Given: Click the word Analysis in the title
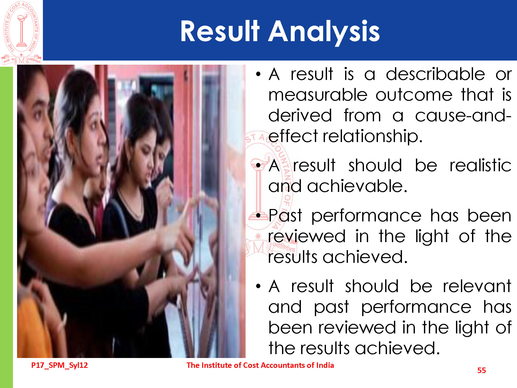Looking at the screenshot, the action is (324, 32).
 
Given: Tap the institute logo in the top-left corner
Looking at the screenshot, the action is (21, 33).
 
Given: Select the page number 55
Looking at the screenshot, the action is (482, 370).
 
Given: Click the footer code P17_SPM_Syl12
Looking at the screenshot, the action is (59, 365).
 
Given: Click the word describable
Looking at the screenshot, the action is (435, 74).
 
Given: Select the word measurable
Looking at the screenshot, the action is (318, 95).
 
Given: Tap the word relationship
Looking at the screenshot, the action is (372, 136).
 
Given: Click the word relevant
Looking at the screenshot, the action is (477, 286).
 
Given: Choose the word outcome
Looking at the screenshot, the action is (414, 95).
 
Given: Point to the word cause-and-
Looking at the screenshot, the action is (463, 115).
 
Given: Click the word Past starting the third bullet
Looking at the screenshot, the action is (285, 215).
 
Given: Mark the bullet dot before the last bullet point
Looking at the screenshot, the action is (258, 286).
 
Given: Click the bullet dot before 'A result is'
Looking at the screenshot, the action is (258, 74).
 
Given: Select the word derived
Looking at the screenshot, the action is (300, 115).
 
